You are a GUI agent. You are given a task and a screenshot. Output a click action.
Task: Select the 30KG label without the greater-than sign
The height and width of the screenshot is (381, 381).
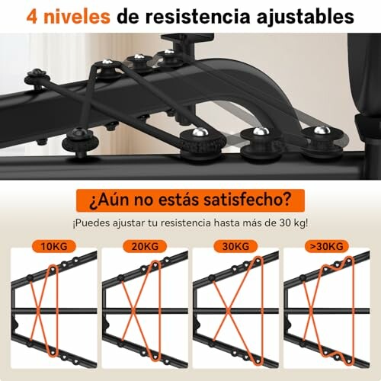[x=235, y=246]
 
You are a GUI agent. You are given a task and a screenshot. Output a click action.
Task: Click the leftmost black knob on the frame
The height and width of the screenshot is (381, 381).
[x=35, y=76]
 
